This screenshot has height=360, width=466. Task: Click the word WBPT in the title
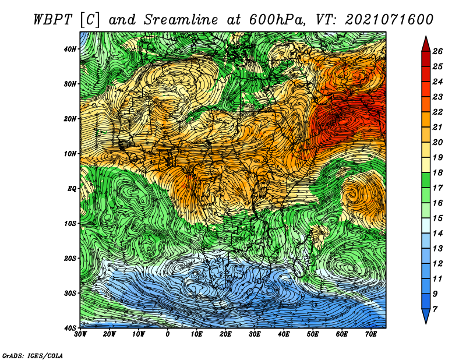click(53, 20)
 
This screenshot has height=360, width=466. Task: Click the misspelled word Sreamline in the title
click(181, 20)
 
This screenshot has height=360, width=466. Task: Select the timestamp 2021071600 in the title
click(389, 20)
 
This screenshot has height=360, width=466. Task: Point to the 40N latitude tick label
click(70, 49)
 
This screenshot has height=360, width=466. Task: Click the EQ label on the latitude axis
click(72, 189)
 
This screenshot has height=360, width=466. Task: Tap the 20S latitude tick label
click(70, 258)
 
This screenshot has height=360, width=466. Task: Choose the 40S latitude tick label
click(70, 328)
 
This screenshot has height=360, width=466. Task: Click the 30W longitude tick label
click(80, 334)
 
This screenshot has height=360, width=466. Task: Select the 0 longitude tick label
click(168, 334)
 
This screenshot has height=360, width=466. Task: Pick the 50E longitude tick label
click(313, 334)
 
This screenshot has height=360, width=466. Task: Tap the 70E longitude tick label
click(370, 334)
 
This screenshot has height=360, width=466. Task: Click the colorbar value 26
click(437, 51)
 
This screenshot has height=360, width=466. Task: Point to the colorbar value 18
click(437, 172)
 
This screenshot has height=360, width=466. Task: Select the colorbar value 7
click(435, 309)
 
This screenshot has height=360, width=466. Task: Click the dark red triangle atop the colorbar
click(426, 45)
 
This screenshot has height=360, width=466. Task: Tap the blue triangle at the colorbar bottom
click(426, 315)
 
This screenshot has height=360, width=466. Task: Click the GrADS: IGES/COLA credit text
click(33, 356)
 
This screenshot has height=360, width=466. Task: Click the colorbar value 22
click(437, 112)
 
